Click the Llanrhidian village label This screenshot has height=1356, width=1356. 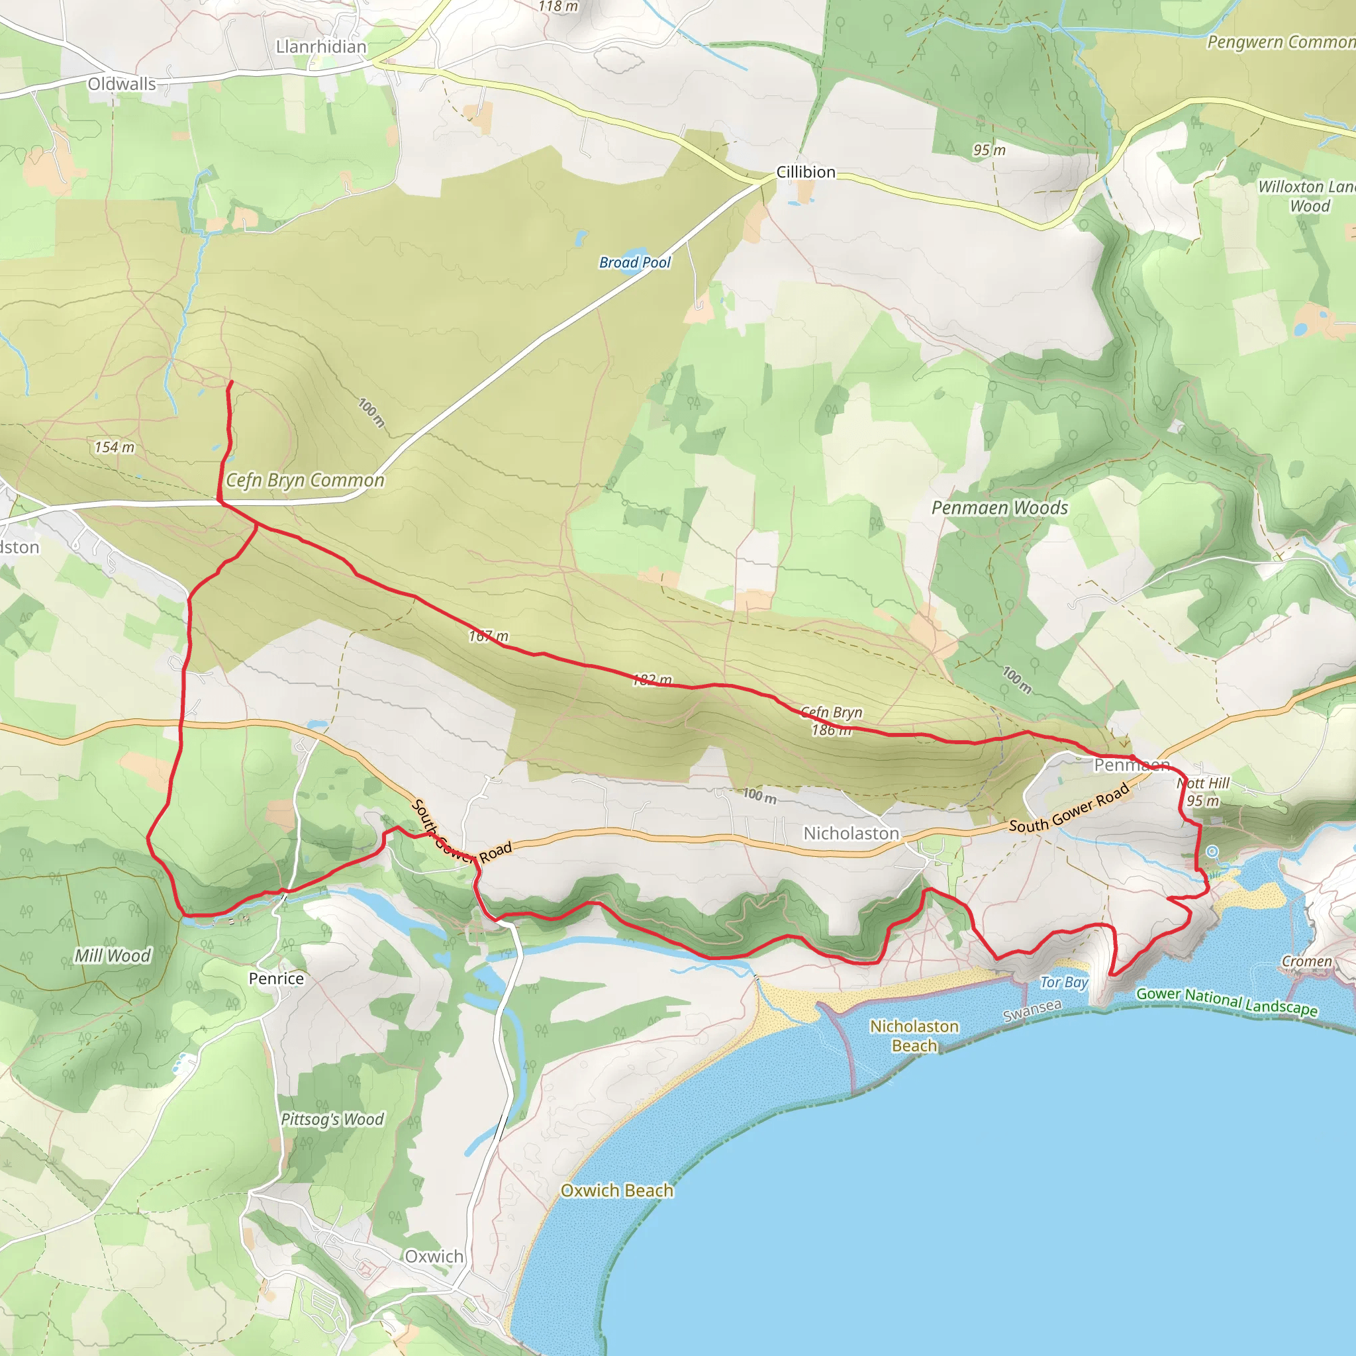click(x=320, y=47)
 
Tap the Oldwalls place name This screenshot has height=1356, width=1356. click(x=122, y=84)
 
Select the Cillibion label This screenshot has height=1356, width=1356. click(x=806, y=172)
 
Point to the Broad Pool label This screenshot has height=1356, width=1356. click(x=634, y=262)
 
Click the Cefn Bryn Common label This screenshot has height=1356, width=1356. click(x=305, y=480)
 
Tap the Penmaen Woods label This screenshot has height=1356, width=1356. click(x=999, y=507)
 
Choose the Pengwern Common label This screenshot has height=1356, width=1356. click(x=1281, y=42)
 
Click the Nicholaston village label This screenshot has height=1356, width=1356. click(x=851, y=833)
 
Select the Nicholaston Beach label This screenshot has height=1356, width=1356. click(x=914, y=1036)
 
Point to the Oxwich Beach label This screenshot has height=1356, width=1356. click(x=617, y=1190)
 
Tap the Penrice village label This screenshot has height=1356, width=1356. click(x=277, y=979)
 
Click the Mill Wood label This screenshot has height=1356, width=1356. click(x=113, y=955)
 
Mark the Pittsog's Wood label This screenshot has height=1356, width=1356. click(x=332, y=1119)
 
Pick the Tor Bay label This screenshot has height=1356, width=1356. click(x=1063, y=982)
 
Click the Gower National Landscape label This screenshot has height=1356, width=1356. click(x=1227, y=1001)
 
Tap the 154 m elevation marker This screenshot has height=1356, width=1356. click(x=115, y=447)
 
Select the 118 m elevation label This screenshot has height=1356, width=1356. click(x=559, y=7)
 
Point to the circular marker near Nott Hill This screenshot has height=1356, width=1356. click(x=1212, y=851)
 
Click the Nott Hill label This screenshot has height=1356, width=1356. click(x=1204, y=783)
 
